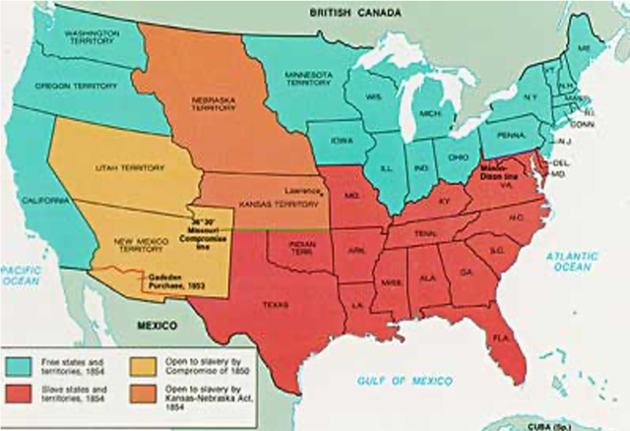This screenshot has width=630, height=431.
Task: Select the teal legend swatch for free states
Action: tap(24, 357)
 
